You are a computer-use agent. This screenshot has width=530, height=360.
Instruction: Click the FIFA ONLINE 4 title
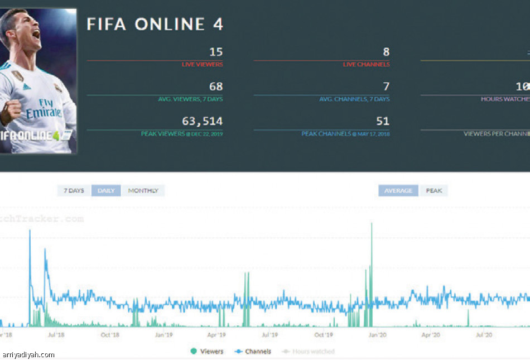point(155,25)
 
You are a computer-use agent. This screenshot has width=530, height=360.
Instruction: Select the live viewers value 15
point(216,52)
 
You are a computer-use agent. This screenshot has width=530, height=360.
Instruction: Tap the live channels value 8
point(386,52)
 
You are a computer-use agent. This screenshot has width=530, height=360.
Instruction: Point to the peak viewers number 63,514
point(202,121)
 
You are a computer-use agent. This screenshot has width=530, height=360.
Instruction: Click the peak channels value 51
point(383,121)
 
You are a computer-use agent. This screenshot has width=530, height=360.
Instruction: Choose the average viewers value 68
point(216,87)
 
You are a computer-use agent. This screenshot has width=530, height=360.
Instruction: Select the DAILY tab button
point(106,191)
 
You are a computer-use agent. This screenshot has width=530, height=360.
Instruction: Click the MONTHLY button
point(143,191)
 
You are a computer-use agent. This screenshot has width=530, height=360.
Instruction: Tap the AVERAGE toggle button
point(398,191)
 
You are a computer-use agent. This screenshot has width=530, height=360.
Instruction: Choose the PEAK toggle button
point(434,191)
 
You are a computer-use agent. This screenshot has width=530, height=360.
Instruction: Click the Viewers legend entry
point(207,351)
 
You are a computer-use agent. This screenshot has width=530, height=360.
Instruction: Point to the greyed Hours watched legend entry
point(309,351)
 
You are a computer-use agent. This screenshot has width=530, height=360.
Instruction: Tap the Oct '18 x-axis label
point(110,335)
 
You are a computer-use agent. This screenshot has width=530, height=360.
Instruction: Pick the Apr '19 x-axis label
point(216,335)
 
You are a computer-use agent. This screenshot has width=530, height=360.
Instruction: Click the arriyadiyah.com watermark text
point(29,354)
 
